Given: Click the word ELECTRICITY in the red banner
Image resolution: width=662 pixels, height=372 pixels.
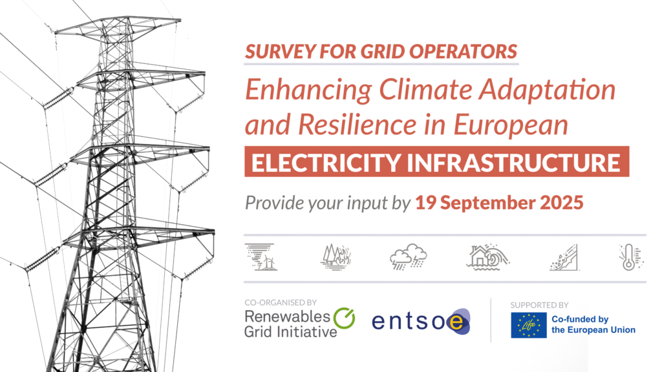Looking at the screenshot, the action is pyautogui.click(x=326, y=162).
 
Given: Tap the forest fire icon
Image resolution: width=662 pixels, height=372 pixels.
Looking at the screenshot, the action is pyautogui.click(x=336, y=257).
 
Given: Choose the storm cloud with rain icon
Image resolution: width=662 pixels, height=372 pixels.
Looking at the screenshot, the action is pyautogui.click(x=409, y=256).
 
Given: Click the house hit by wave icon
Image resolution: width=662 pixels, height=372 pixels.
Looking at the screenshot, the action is pyautogui.click(x=488, y=256).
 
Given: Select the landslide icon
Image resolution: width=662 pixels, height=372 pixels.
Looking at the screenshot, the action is pyautogui.click(x=564, y=257).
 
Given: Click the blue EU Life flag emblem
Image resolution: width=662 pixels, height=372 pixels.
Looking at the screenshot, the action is pyautogui.click(x=529, y=325).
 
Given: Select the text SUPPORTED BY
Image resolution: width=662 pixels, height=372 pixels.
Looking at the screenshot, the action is pyautogui.click(x=539, y=305).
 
